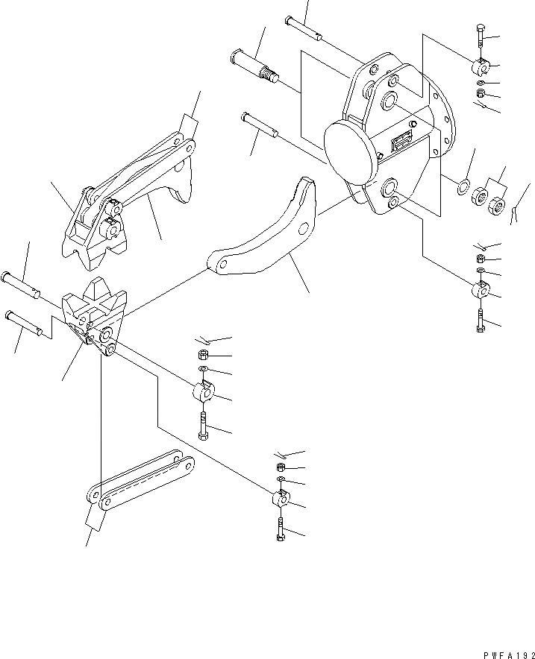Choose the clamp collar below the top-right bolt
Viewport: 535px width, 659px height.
(x=480, y=67)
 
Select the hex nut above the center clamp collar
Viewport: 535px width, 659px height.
(x=203, y=354)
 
